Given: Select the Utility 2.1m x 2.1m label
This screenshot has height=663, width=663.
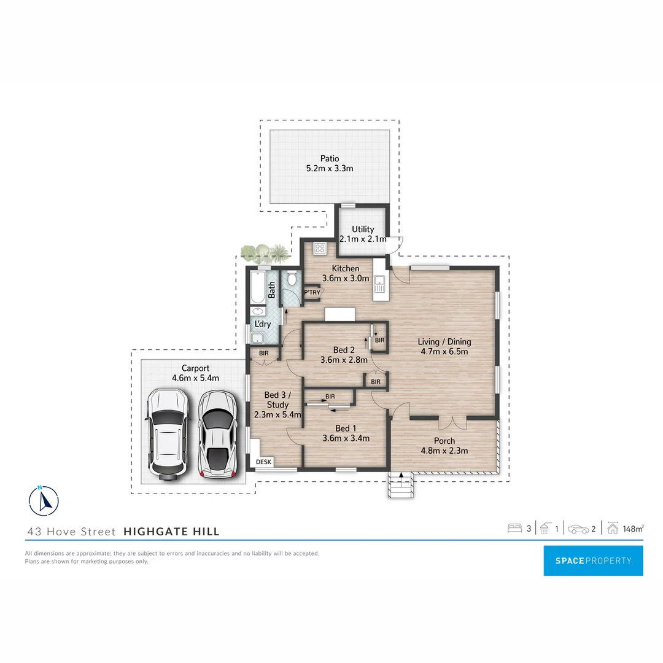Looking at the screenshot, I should [x=363, y=234].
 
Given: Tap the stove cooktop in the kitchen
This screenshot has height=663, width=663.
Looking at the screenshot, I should [x=320, y=249].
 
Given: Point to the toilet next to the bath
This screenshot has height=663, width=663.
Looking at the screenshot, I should [x=292, y=279].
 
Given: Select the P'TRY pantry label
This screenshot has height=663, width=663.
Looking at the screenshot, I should [x=312, y=292].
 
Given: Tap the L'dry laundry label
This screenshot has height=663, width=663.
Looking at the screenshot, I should [x=262, y=324].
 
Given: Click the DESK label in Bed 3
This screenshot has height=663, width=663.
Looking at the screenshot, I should [x=264, y=462].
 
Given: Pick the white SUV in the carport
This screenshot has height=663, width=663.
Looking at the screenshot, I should [x=166, y=433].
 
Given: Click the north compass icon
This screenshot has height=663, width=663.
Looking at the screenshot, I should [x=44, y=500].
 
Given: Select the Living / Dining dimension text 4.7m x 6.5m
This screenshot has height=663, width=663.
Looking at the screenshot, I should [x=444, y=352].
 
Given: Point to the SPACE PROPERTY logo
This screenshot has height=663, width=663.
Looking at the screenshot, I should [x=593, y=560].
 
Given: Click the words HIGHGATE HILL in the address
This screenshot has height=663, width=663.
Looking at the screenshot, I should [x=171, y=532].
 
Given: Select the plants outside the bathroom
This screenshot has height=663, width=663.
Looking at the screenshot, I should [x=265, y=253].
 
